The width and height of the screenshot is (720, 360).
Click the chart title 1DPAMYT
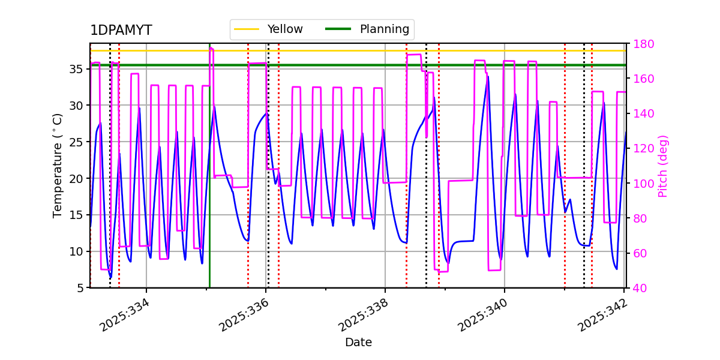tap(121, 31)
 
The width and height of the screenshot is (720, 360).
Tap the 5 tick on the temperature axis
tap(81, 288)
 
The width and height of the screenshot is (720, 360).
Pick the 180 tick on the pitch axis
tap(643, 44)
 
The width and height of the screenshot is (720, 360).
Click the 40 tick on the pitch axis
tap(640, 288)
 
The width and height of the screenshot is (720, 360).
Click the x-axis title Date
tap(358, 343)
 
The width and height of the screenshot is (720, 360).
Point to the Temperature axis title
tap(58, 165)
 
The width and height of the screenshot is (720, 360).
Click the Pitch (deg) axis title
tap(663, 166)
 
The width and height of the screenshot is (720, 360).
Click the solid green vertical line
tap(209, 180)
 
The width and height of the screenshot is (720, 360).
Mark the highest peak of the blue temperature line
tap(488, 77)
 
